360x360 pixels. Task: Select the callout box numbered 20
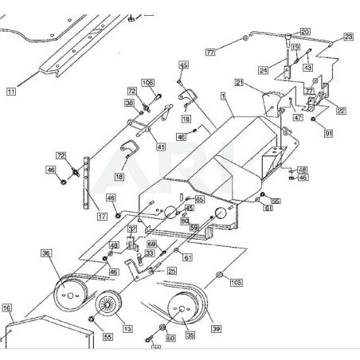point(305,32)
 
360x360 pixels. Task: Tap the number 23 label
point(347,37)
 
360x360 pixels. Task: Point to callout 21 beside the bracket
point(239,83)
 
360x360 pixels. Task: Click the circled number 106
point(148,83)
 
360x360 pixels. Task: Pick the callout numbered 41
point(161,147)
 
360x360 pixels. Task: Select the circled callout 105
point(236,283)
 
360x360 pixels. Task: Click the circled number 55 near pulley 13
point(108,337)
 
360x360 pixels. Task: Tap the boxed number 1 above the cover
point(225,96)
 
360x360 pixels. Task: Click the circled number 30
point(129,103)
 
